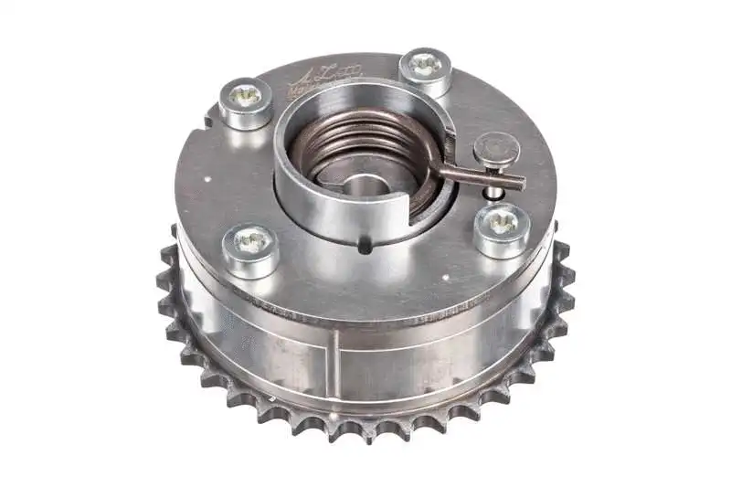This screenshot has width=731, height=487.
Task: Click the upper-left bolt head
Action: click(x=245, y=101)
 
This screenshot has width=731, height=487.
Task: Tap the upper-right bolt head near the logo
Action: click(x=424, y=70)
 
